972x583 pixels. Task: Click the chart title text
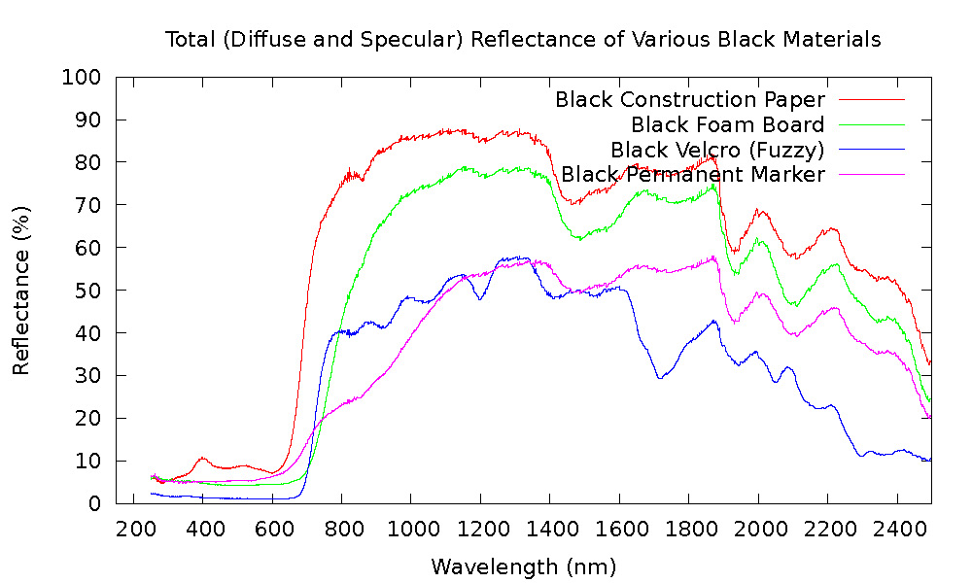coord(523,40)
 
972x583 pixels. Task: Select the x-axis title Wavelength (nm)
coord(523,566)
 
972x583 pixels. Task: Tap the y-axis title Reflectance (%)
coord(21,290)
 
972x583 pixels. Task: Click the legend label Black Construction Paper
coord(689,99)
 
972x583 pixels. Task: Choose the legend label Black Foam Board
coord(727,124)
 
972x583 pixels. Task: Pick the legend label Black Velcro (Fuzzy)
coord(717,150)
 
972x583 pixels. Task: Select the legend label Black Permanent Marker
coord(693,174)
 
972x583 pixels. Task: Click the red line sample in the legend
coord(871,99)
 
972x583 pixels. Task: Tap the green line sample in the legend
coord(871,124)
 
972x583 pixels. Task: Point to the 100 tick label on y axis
coord(82,77)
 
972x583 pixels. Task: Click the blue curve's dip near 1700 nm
coord(661,377)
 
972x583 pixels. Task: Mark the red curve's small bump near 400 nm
coord(202,458)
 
